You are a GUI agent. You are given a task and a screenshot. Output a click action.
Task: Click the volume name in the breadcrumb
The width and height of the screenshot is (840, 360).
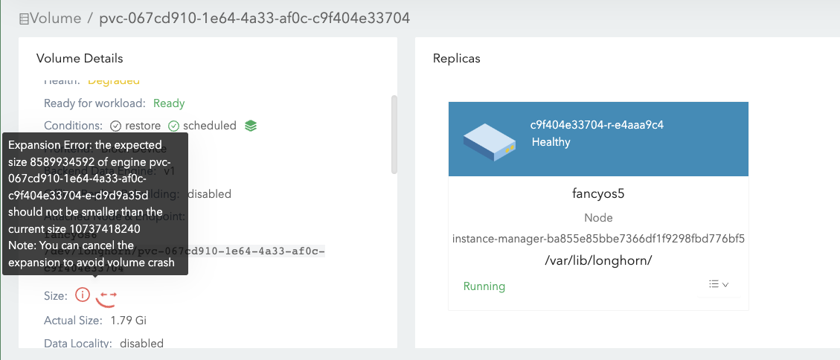254,17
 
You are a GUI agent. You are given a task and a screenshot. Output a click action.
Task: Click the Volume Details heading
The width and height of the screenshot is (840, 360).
80,58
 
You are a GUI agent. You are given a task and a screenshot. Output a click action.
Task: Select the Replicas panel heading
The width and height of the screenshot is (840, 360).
457,58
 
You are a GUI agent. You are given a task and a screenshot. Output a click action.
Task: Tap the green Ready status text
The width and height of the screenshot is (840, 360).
169,103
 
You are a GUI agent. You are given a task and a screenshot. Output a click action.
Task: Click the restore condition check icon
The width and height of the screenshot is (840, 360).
115,126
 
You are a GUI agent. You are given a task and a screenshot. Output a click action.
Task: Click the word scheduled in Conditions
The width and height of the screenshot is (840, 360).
209,126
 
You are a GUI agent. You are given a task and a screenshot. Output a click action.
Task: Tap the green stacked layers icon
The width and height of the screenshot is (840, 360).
251,126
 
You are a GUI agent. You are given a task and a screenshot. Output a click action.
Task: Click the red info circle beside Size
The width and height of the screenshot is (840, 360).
83,295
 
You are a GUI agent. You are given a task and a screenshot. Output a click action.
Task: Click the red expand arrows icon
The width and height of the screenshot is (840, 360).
108,297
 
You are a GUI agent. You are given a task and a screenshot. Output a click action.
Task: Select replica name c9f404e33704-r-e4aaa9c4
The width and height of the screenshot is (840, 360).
597,124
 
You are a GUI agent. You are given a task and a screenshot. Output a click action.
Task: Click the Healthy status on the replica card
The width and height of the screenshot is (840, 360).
551,142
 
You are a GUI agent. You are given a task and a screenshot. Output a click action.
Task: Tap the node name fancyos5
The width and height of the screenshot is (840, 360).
598,194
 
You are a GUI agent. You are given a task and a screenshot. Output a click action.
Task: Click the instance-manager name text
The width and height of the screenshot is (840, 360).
598,239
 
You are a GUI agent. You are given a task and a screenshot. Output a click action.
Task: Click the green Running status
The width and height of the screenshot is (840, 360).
484,286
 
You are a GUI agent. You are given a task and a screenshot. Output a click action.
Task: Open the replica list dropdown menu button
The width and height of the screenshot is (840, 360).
718,284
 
